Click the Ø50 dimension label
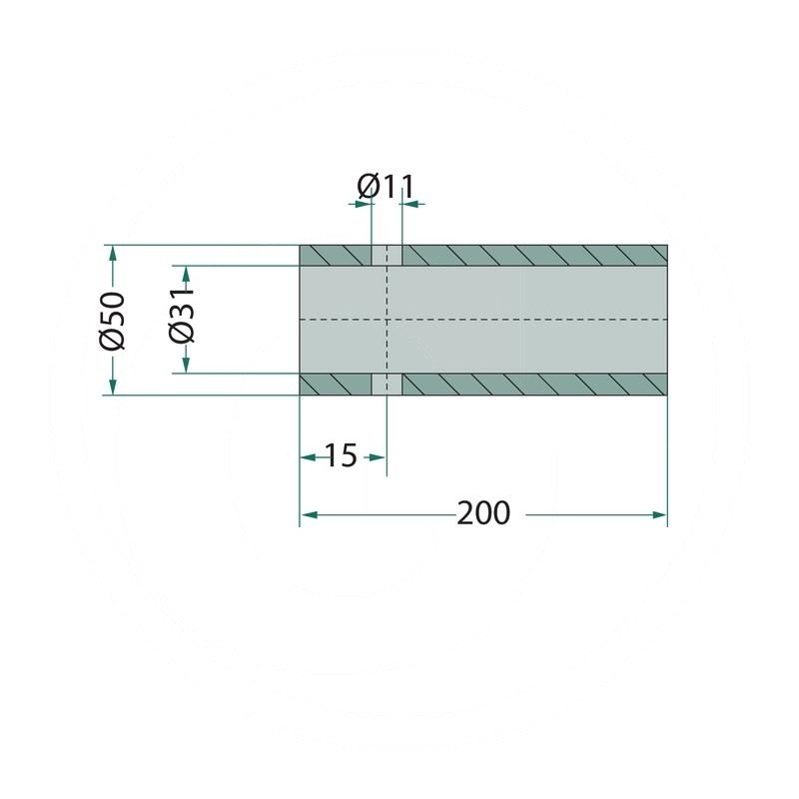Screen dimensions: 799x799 (112, 321)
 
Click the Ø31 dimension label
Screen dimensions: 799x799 (183, 315)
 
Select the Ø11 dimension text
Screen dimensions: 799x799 (386, 187)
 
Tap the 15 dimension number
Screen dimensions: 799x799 (341, 455)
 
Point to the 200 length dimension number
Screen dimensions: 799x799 (483, 512)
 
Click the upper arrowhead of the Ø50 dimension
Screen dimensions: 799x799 (113, 253)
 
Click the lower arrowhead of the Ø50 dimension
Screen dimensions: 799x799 (113, 388)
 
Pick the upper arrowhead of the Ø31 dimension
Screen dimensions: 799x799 (186, 273)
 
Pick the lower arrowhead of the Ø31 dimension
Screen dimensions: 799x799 (186, 366)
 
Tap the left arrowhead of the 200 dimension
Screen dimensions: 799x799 (308, 515)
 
